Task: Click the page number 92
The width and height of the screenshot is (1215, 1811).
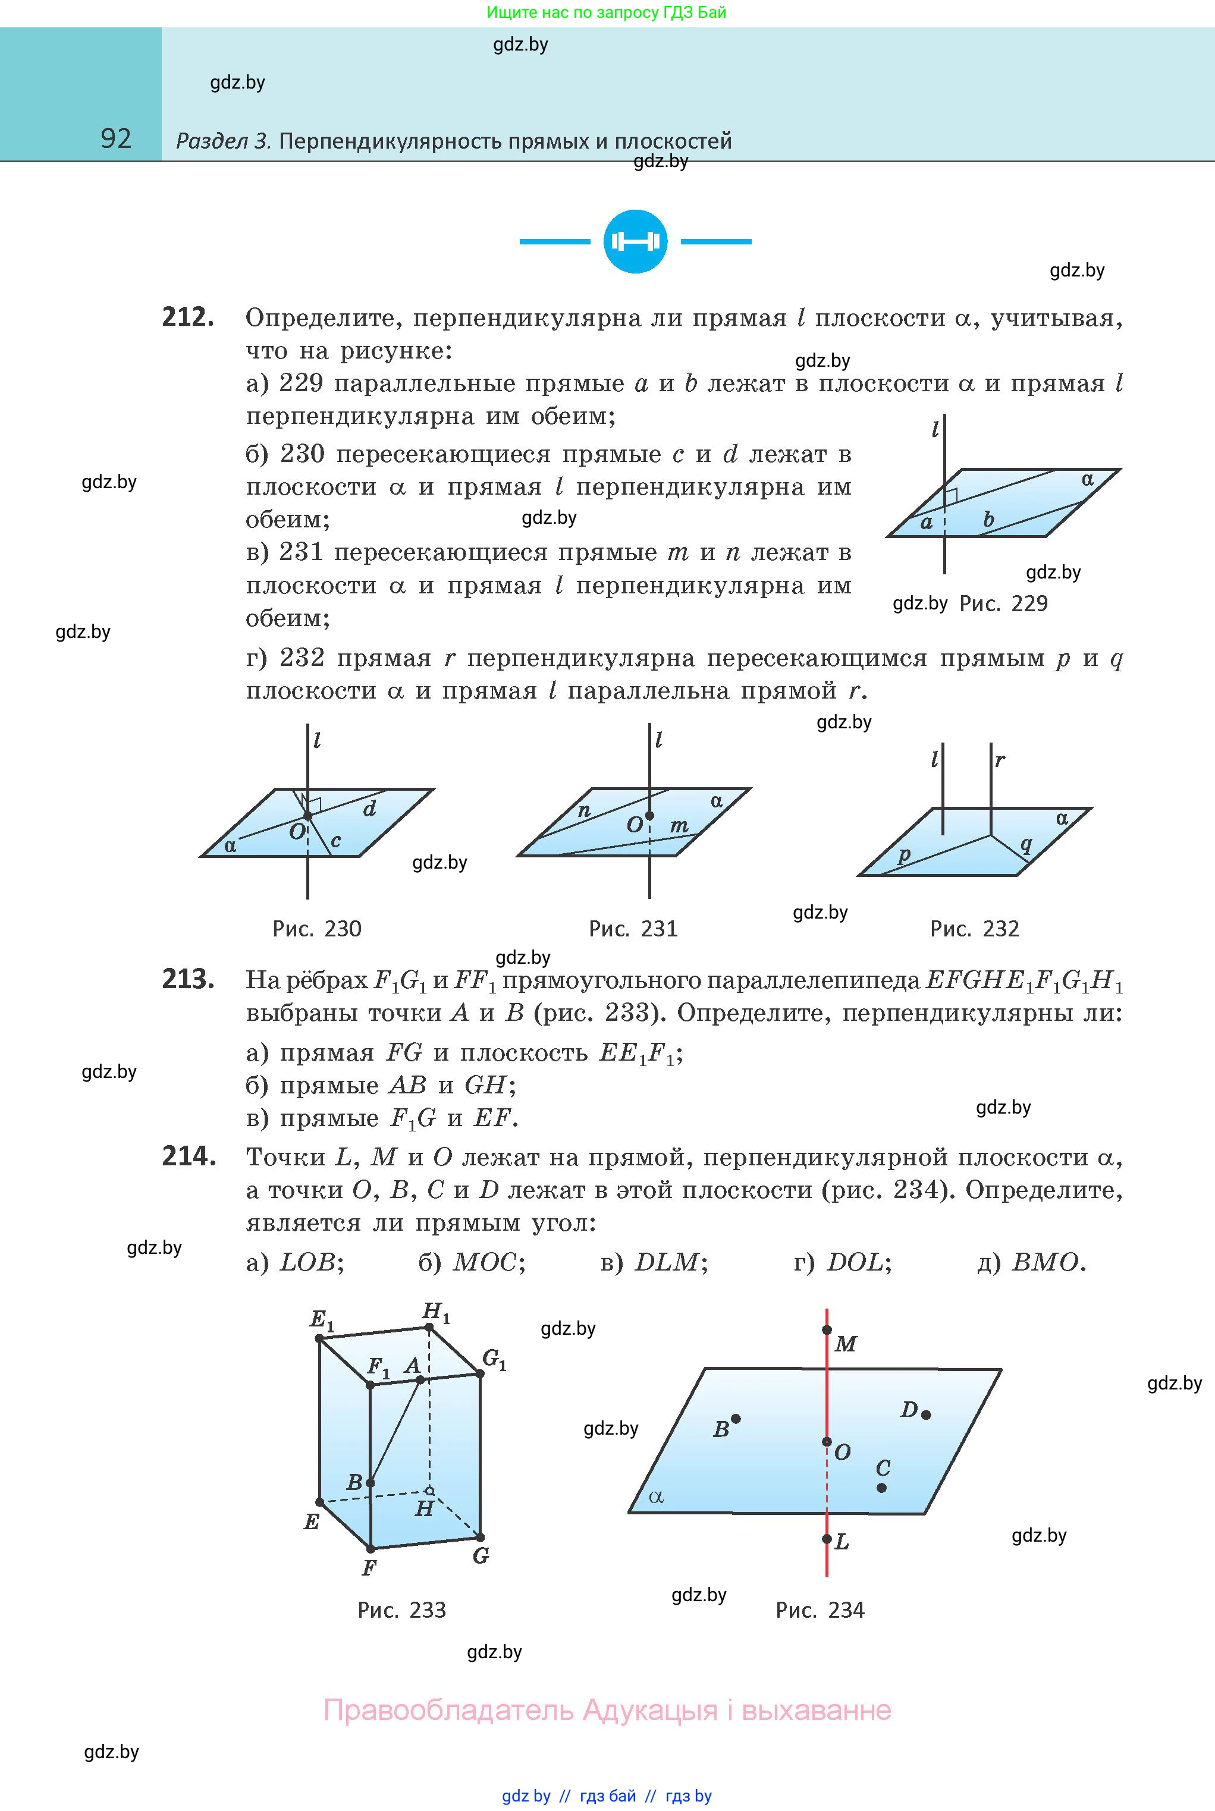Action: pyautogui.click(x=116, y=139)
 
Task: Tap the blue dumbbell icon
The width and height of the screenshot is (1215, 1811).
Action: pyautogui.click(x=635, y=241)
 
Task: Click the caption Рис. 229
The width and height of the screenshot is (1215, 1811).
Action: pyautogui.click(x=1003, y=604)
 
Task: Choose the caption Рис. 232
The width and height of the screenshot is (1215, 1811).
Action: pyautogui.click(x=974, y=929)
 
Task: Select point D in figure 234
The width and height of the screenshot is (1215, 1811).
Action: pyautogui.click(x=926, y=1414)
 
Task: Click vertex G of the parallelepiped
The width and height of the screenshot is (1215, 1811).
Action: pyautogui.click(x=481, y=1538)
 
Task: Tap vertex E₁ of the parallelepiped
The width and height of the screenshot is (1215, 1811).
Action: pyautogui.click(x=319, y=1338)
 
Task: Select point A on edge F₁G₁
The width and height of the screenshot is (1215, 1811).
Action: pyautogui.click(x=420, y=1379)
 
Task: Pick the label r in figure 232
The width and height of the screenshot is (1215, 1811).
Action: pyautogui.click(x=1000, y=760)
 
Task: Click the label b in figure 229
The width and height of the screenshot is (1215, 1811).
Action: pyautogui.click(x=988, y=519)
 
